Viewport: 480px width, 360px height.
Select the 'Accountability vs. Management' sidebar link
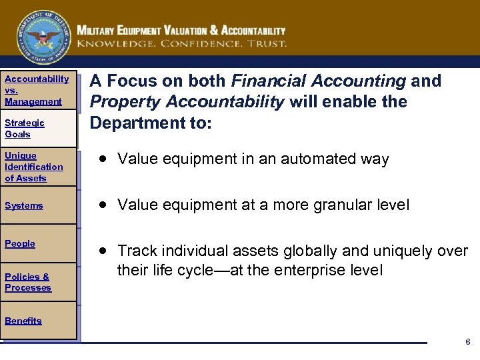37,90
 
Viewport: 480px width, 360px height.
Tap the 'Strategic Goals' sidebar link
25,128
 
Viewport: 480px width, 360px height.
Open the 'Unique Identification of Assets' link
34,167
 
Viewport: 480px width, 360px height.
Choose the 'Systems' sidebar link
24,206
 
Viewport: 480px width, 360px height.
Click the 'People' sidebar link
20,244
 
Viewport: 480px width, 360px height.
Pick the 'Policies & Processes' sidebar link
28,282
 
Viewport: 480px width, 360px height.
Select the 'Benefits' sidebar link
23,321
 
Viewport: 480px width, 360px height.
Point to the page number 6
467,341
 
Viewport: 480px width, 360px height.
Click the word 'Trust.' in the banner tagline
265,43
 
